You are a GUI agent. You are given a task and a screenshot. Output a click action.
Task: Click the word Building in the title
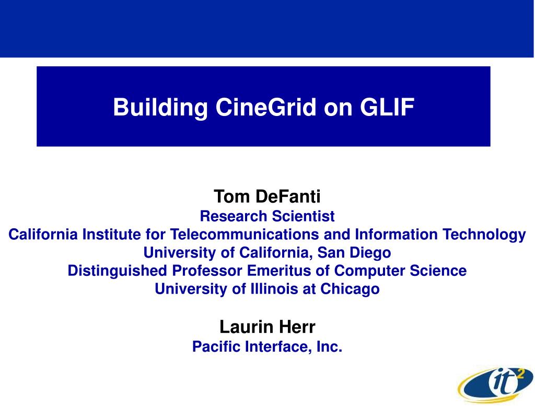pos(160,108)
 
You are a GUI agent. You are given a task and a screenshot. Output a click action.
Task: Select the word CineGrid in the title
pos(266,107)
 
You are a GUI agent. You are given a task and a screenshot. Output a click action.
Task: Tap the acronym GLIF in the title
pos(387,107)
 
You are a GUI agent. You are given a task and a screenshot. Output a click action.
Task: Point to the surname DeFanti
pos(288,196)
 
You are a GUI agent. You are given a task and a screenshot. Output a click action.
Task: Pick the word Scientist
pos(304,216)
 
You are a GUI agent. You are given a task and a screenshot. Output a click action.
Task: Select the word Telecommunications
pos(245,235)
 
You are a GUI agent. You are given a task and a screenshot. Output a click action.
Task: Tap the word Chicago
pos(350,289)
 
